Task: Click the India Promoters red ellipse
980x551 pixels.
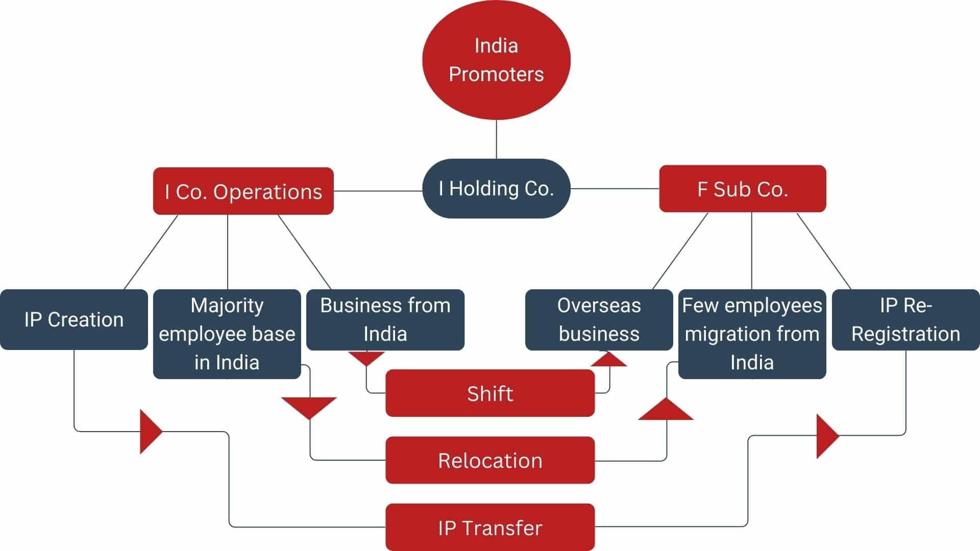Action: tap(496, 60)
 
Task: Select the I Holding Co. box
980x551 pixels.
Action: tap(496, 189)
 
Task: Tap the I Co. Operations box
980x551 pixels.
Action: tap(243, 191)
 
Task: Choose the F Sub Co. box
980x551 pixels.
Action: tap(743, 189)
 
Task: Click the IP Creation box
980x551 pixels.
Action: tap(74, 319)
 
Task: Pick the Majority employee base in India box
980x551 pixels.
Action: tap(227, 334)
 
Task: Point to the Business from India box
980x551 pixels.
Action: tap(385, 319)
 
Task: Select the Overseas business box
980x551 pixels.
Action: tap(599, 319)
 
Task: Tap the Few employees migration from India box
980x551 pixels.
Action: tap(752, 334)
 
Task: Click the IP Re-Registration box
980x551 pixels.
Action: tap(906, 319)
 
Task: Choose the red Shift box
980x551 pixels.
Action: tap(490, 393)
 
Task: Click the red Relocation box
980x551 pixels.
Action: tap(490, 460)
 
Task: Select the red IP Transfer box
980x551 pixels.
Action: tap(490, 528)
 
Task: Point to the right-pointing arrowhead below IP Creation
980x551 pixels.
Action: tap(149, 432)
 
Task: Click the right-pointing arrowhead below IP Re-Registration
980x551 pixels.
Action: tap(826, 436)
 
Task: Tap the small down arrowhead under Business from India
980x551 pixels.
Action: tap(366, 358)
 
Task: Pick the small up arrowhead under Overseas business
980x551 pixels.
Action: tap(609, 360)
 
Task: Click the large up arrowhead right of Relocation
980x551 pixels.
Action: tap(666, 411)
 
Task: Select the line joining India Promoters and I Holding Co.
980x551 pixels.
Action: tap(497, 139)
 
